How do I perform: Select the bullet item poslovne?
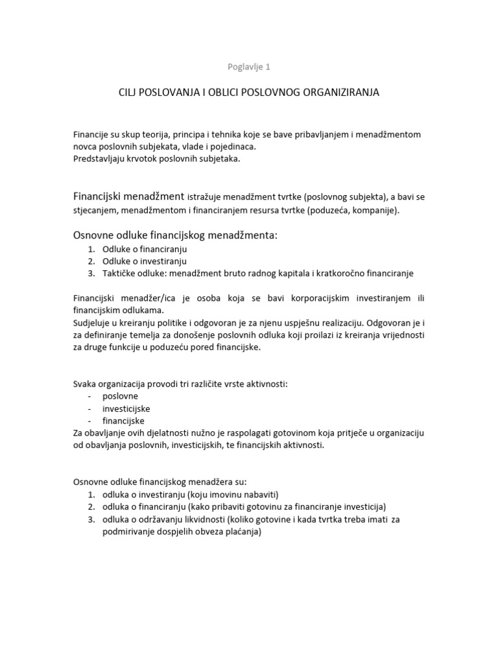pos(120,396)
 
